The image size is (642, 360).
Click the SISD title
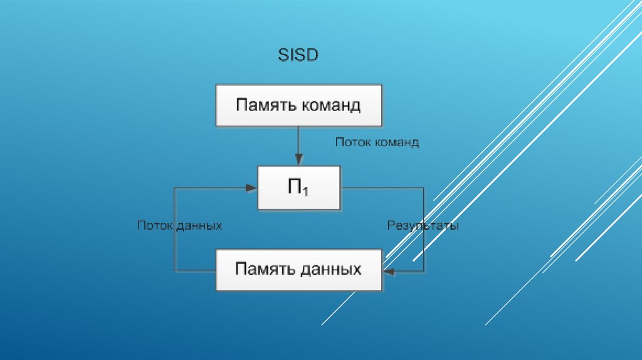[x=298, y=55]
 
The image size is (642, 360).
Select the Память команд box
[x=298, y=105]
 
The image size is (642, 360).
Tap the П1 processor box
[x=298, y=188]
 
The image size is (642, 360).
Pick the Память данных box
[x=298, y=270]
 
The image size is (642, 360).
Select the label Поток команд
[x=377, y=142]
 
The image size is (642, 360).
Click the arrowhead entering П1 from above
[x=298, y=161]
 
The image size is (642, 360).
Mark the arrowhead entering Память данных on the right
[x=387, y=271]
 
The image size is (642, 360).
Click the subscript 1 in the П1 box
[x=305, y=193]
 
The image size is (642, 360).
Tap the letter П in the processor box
[x=294, y=187]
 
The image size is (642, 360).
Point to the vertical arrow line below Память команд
[x=298, y=143]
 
